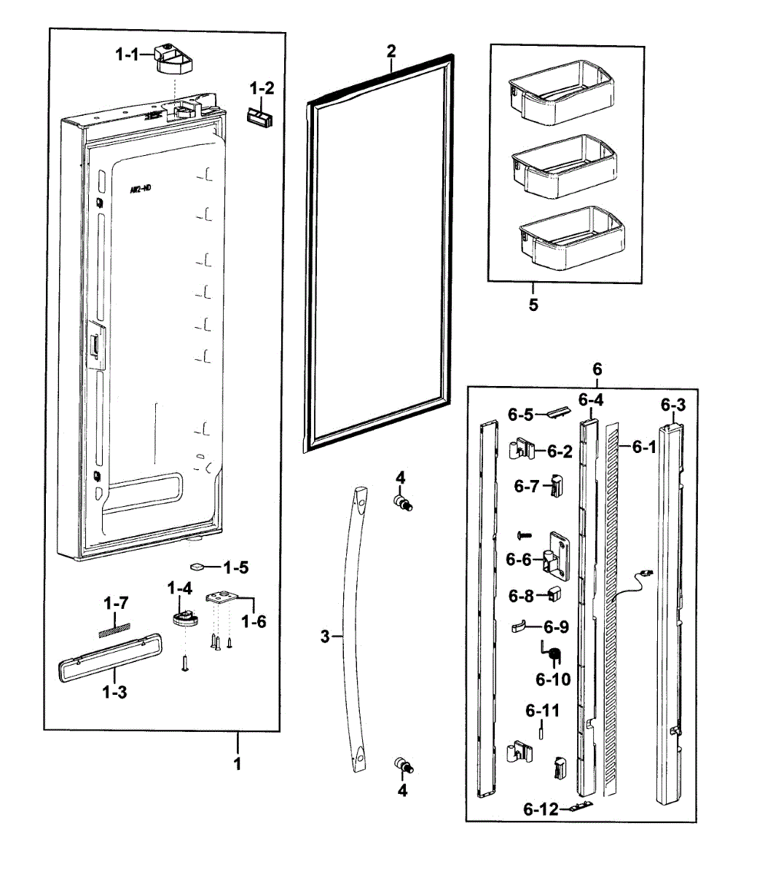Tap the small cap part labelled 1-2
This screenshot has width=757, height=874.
[x=259, y=117]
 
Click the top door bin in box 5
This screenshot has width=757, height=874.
[x=558, y=90]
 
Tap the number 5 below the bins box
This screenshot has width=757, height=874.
[x=533, y=304]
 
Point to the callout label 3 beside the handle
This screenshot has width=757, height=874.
[x=325, y=637]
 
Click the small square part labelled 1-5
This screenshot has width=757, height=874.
[x=197, y=565]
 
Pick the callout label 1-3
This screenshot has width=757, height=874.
[x=114, y=692]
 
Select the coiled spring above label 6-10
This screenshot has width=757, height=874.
[x=554, y=655]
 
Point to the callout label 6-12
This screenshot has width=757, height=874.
[x=540, y=808]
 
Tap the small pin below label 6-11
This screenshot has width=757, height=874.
[x=542, y=731]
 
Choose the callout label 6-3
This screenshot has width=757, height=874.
[x=673, y=403]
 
